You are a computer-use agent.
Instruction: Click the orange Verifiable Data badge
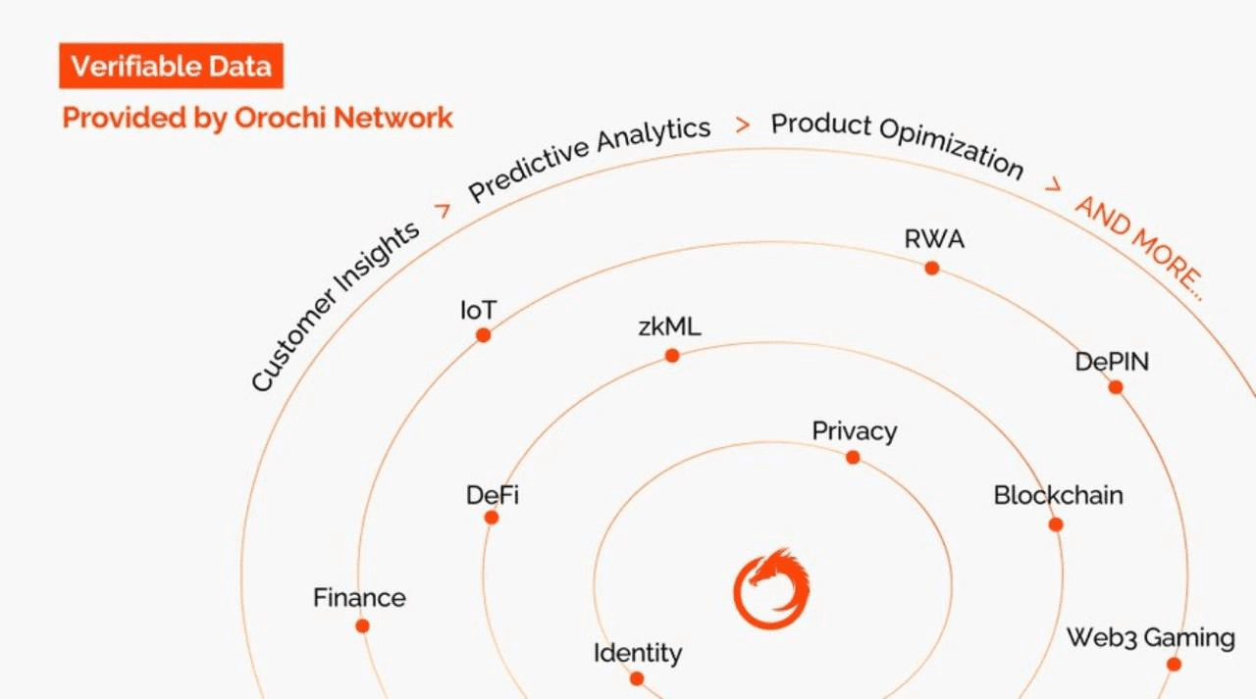point(171,67)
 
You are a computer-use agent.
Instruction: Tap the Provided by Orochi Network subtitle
point(257,119)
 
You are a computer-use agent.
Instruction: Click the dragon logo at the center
point(771,588)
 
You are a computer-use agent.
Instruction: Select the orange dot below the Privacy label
point(853,457)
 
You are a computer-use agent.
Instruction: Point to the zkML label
point(669,327)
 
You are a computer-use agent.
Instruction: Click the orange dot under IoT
point(483,335)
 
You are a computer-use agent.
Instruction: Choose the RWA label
point(934,239)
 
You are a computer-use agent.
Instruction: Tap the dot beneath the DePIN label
point(1116,387)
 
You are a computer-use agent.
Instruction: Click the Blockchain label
point(1058,495)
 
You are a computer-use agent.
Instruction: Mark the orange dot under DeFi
point(492,518)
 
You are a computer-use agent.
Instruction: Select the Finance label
point(359,597)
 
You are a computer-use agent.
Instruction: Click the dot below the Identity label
point(637,678)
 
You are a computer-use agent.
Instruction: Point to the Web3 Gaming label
point(1150,638)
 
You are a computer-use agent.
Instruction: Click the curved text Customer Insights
point(334,306)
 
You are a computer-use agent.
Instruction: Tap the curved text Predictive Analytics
point(589,157)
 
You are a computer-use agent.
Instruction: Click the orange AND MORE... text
point(1139,245)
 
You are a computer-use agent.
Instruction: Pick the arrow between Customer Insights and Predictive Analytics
point(442,210)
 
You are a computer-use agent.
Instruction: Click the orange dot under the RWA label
point(931,268)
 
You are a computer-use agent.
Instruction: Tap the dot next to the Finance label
point(362,625)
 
